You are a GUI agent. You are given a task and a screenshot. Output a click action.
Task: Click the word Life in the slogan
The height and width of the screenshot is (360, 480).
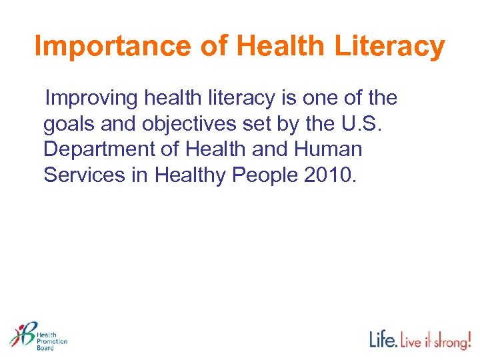tap(384, 340)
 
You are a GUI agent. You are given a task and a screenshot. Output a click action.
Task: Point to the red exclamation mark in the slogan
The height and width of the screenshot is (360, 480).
tap(468, 338)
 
